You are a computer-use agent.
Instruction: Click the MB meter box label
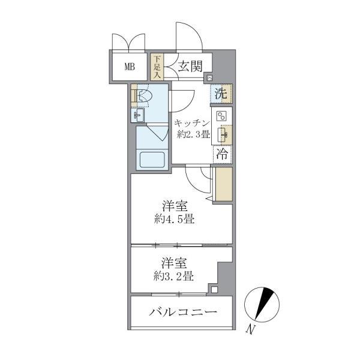(130, 67)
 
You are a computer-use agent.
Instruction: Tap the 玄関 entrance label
(189, 67)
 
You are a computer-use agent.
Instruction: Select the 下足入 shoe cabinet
(157, 67)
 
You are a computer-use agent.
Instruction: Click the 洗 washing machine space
(221, 94)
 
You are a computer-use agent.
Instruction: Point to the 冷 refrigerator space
(221, 154)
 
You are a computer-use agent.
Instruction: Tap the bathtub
(151, 160)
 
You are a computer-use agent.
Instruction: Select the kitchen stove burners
(221, 117)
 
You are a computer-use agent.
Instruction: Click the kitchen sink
(221, 134)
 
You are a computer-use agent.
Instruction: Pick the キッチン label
(191, 123)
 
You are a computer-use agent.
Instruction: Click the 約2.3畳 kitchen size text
(193, 134)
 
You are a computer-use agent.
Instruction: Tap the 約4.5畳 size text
(173, 220)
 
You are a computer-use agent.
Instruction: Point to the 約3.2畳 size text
(173, 276)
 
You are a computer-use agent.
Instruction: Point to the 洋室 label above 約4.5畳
(173, 206)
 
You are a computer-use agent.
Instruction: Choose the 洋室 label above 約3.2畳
(173, 263)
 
